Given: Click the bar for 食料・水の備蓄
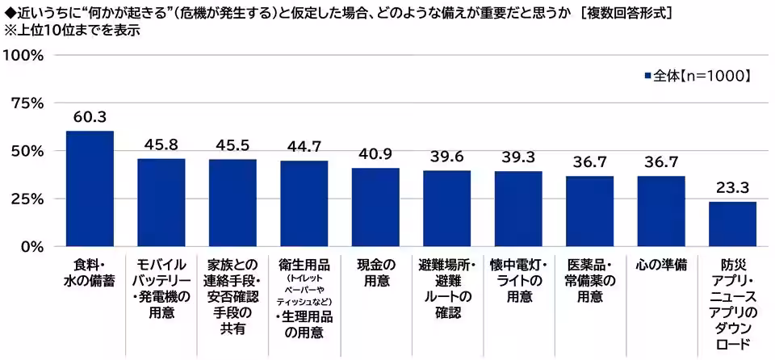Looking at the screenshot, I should tap(90, 188).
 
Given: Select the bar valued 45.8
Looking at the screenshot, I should tap(161, 202).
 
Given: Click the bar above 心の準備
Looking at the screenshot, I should tap(661, 211).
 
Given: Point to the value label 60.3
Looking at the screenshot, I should tap(90, 117).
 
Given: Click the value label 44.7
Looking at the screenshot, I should tap(304, 146).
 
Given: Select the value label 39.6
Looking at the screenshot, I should tap(446, 156).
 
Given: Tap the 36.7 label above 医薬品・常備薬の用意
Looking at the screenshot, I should tap(589, 161).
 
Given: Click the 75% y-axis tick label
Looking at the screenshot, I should tap(27, 103).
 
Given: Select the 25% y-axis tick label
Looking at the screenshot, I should tap(27, 199).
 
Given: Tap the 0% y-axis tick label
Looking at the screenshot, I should tap(31, 246).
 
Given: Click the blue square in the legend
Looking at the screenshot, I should tap(647, 76).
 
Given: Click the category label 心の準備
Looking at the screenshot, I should tap(661, 265).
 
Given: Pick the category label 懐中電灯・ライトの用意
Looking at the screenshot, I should tap(518, 280).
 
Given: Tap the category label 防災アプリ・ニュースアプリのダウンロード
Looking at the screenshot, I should tap(732, 303).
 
